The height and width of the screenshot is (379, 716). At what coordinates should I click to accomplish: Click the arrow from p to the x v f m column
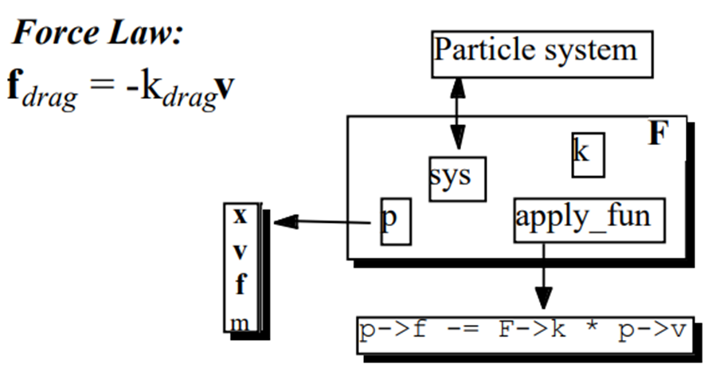(327, 222)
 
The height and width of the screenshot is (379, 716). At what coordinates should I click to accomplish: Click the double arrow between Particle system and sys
(457, 111)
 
